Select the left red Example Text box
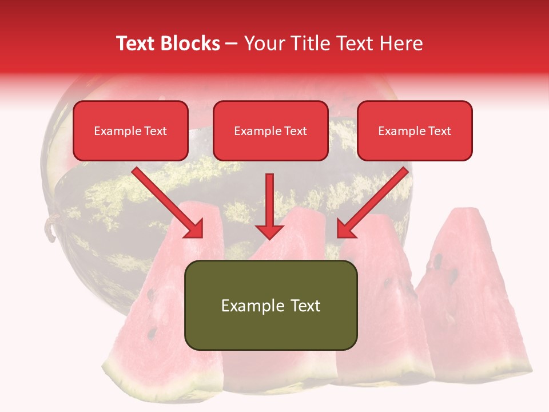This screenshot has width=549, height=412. coord(130,131)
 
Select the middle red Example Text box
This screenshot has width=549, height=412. coord(270,131)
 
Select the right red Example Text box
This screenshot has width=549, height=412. coord(415,131)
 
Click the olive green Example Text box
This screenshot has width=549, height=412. coord(270,305)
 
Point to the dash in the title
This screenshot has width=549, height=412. coord(232,44)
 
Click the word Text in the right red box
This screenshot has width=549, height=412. coord(439,131)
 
